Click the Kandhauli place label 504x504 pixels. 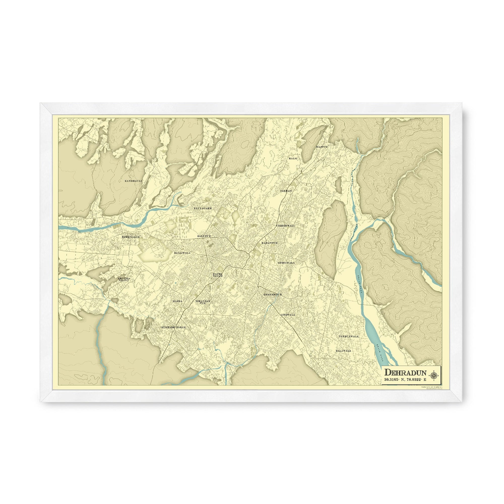[x=133, y=180]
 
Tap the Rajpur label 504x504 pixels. [x=322, y=147]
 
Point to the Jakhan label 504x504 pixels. [x=286, y=191]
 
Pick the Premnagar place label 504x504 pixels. [x=131, y=237]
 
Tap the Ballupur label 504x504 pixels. [x=204, y=236]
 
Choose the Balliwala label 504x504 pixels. [x=182, y=253]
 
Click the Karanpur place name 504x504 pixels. [x=269, y=243]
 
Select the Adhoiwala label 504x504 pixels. [x=286, y=263]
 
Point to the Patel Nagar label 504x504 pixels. [x=217, y=275]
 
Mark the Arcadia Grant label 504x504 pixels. [x=124, y=279]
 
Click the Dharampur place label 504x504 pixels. [x=273, y=295]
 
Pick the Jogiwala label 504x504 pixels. [x=288, y=315]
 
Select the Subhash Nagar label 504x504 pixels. [x=173, y=327]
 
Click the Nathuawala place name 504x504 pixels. [x=349, y=336]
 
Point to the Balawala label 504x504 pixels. [x=343, y=351]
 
